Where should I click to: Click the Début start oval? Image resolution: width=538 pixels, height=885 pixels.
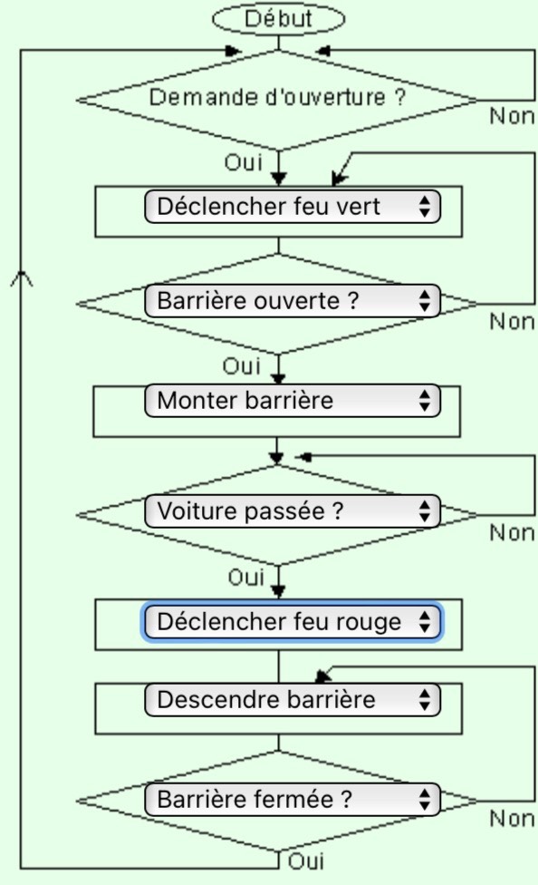[278, 19]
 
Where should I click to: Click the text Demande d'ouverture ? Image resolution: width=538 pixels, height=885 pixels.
[277, 97]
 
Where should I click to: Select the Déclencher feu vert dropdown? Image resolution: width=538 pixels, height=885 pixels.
[293, 207]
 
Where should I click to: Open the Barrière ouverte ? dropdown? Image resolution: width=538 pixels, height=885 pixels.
[293, 301]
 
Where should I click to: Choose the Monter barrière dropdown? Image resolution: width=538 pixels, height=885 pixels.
[293, 401]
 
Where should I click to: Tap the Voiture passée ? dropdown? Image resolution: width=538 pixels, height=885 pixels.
[293, 511]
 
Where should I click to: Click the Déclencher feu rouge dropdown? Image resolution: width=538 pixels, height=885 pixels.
[293, 622]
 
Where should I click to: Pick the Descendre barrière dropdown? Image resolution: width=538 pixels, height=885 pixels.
[293, 700]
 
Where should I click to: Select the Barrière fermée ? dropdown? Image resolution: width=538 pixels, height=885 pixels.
[293, 799]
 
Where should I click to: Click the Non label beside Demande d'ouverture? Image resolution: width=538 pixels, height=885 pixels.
[512, 116]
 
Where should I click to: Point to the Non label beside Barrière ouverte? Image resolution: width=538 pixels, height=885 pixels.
[512, 322]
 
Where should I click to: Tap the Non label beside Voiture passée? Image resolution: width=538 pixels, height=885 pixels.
[512, 533]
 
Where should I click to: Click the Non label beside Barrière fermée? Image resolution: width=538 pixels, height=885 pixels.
[512, 819]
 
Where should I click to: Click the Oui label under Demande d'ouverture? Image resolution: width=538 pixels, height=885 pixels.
[244, 162]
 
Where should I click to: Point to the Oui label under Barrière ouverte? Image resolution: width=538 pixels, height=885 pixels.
[242, 366]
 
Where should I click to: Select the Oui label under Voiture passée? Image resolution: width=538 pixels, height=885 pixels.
[246, 578]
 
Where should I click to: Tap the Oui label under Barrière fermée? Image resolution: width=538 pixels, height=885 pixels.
[306, 861]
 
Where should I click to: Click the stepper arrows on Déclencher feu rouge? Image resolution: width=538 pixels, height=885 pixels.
[425, 622]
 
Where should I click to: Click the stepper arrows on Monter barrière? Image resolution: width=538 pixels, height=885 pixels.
[425, 401]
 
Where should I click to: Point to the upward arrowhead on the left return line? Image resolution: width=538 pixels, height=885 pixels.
[22, 278]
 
